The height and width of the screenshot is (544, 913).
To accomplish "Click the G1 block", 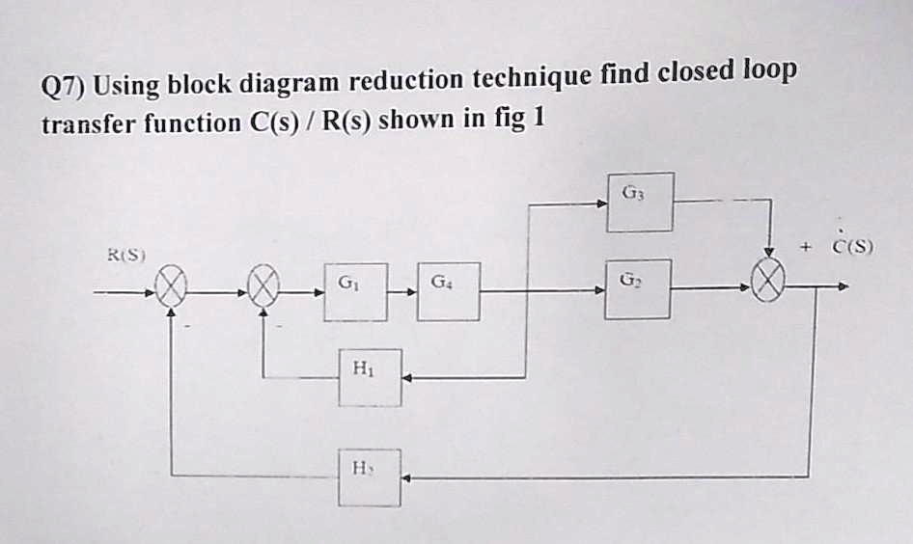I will [x=355, y=291].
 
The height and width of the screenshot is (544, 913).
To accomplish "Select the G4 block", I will [x=449, y=291].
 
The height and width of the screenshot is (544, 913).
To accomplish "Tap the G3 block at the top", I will [x=640, y=202].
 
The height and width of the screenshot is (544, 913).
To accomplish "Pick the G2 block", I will [x=638, y=288].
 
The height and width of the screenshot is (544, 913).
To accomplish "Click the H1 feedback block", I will [x=370, y=377].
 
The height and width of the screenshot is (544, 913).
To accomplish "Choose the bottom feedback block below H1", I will [x=369, y=477].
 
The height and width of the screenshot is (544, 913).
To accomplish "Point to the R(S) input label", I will [x=126, y=256].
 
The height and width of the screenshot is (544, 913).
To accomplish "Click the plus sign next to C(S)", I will [x=803, y=248].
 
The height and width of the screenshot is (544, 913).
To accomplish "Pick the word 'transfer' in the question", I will [x=89, y=125].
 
